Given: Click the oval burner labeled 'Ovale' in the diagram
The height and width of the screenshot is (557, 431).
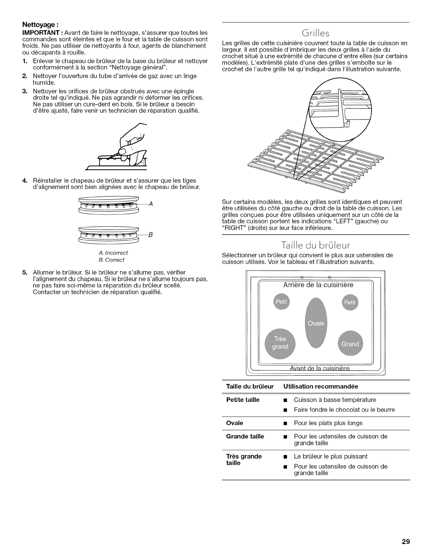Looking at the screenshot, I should coord(316,323).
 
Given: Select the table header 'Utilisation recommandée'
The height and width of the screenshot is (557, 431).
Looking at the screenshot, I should coord(320,386).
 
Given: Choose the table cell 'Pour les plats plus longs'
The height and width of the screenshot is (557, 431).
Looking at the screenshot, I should coord(328,423).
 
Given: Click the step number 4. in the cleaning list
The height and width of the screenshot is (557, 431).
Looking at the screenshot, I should coord(25,181).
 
